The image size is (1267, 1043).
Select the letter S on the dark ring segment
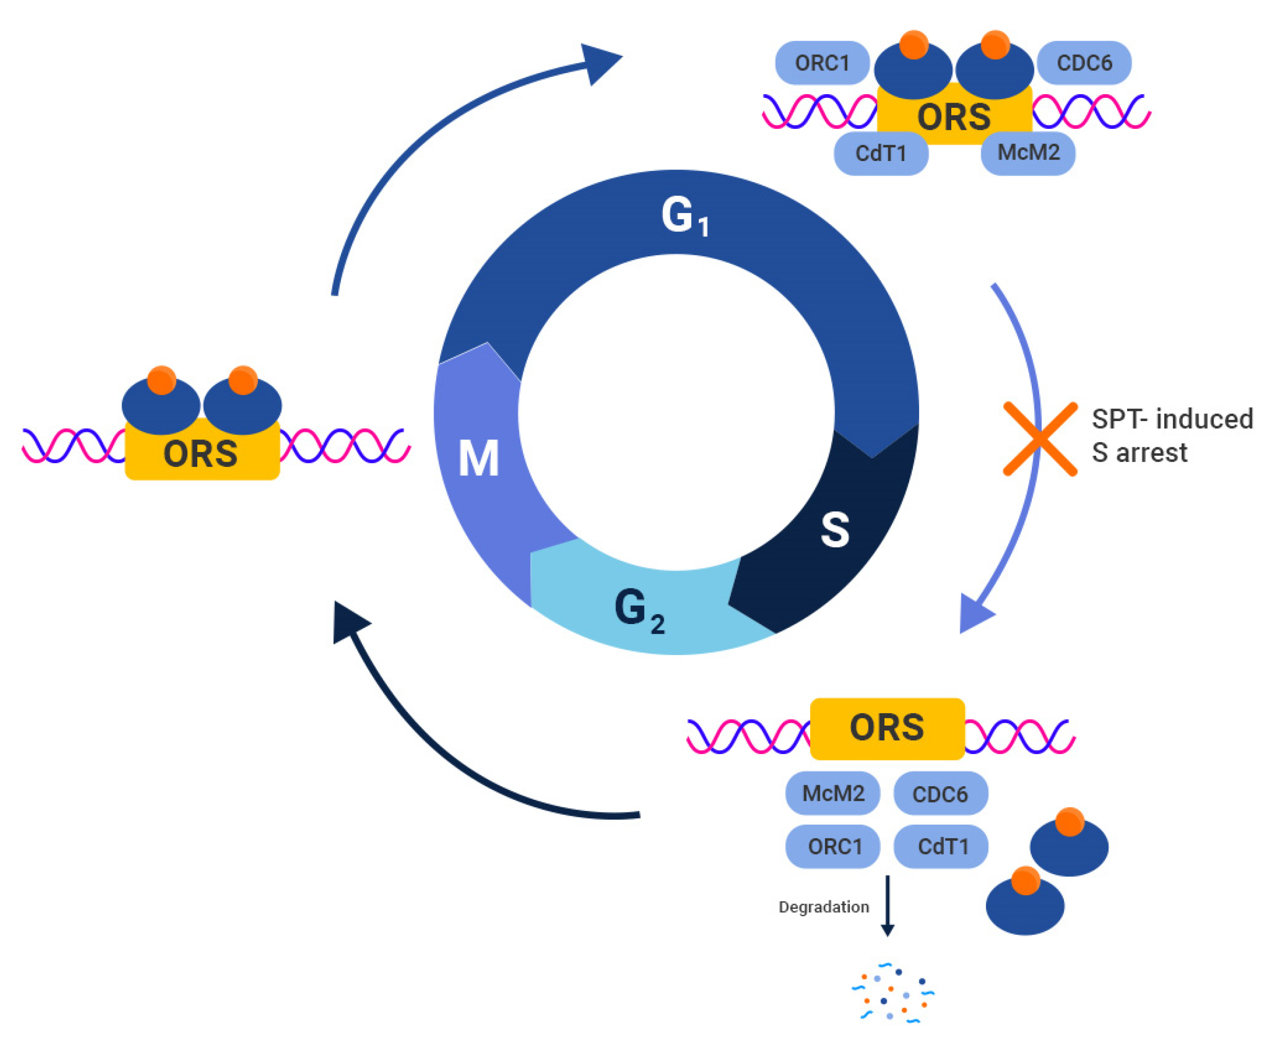pos(834,530)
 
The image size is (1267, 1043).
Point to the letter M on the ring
pos(478,459)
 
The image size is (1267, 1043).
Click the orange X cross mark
pos(1040,439)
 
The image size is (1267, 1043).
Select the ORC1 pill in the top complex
pos(821,63)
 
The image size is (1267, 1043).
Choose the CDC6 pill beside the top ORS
pos(1084,63)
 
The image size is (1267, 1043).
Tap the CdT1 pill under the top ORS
pos(880,154)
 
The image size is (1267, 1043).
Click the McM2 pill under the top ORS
pos(1028,153)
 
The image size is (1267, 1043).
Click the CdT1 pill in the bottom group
pos(941,847)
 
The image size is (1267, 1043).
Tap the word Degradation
pos(823,907)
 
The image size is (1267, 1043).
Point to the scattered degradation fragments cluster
pos(892,992)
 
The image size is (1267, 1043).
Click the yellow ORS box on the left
pos(202,454)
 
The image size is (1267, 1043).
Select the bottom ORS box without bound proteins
pos(887,728)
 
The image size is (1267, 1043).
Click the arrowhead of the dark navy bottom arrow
pos(348,622)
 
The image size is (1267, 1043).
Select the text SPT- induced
pos(1171,419)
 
